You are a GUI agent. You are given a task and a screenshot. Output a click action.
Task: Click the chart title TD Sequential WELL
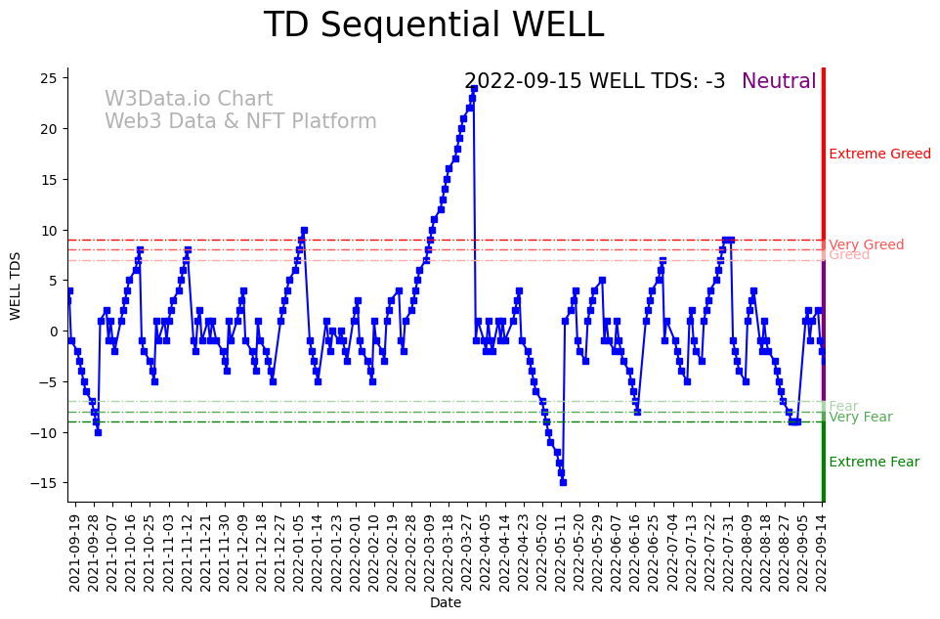[x=433, y=25]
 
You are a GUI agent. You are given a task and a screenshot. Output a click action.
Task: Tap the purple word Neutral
[x=779, y=81]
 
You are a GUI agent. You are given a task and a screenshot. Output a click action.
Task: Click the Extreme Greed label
[x=879, y=154]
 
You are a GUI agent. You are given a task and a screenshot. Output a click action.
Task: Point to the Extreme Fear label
[x=874, y=462]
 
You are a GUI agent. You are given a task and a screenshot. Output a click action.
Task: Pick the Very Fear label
[x=860, y=417]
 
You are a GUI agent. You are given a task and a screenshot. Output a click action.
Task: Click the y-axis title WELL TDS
[x=15, y=285]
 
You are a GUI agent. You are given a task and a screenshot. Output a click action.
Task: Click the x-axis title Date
[x=445, y=603]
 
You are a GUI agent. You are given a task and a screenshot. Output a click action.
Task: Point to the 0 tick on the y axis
[x=59, y=332]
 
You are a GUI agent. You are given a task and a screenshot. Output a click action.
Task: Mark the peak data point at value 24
[x=474, y=88]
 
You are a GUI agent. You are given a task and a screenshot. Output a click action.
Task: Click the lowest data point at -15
[x=563, y=482]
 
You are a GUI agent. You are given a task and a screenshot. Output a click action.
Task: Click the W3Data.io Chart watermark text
[x=189, y=99]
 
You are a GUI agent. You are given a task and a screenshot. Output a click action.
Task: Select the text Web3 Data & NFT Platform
[x=240, y=121]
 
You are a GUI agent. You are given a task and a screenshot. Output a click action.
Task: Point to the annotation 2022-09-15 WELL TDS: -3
[x=594, y=81]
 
